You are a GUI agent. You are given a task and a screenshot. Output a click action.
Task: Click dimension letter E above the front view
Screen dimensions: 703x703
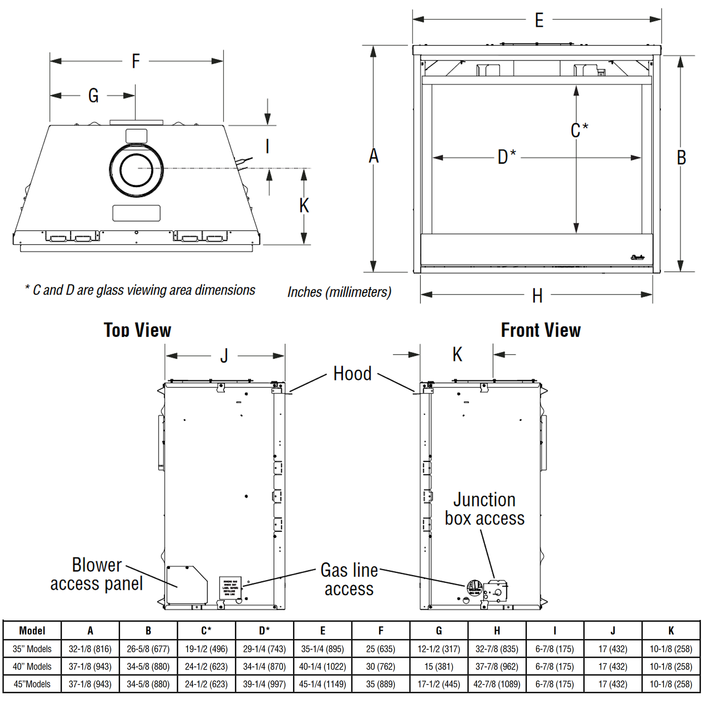coord(539,20)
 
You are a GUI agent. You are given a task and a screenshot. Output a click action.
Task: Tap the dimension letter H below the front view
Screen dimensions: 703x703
coord(537,296)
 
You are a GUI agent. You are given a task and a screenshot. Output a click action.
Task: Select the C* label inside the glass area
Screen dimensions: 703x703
coord(579,130)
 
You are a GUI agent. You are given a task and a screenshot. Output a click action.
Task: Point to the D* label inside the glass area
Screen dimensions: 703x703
coord(507,157)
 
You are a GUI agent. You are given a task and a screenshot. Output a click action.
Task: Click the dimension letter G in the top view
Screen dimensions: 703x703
coord(93,95)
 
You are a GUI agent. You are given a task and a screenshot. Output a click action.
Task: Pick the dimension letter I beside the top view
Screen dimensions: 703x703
coord(267,146)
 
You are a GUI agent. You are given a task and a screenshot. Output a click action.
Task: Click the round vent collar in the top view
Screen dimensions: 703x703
coord(136,170)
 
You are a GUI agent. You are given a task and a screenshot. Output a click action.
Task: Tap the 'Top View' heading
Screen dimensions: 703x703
coord(138,330)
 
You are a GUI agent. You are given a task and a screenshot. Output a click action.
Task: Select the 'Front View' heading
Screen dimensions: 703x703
coord(540,330)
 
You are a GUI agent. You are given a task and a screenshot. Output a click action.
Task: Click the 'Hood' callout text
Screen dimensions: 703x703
coord(352,374)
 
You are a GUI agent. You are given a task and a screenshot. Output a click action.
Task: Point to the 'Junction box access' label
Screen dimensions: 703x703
coord(485,509)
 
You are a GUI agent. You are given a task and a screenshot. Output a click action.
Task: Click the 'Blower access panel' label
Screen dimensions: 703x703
coord(97,574)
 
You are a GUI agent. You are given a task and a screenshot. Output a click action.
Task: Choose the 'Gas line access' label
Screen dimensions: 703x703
coord(349,580)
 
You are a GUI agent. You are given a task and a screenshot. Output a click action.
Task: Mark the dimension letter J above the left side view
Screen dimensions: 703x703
coord(224,355)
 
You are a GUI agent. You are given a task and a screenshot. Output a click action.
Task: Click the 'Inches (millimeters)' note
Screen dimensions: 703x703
coord(339,292)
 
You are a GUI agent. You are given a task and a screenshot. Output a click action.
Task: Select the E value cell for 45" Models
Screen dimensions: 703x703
coord(323,684)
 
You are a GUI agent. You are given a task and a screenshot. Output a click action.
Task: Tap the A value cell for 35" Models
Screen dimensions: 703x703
coord(90,649)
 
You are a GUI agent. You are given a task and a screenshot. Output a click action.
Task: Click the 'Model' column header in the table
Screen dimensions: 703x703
coord(32,631)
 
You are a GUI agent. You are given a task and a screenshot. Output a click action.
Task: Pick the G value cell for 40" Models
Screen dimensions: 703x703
coord(438,667)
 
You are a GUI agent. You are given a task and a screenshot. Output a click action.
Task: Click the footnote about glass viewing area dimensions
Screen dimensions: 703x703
coord(140,290)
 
